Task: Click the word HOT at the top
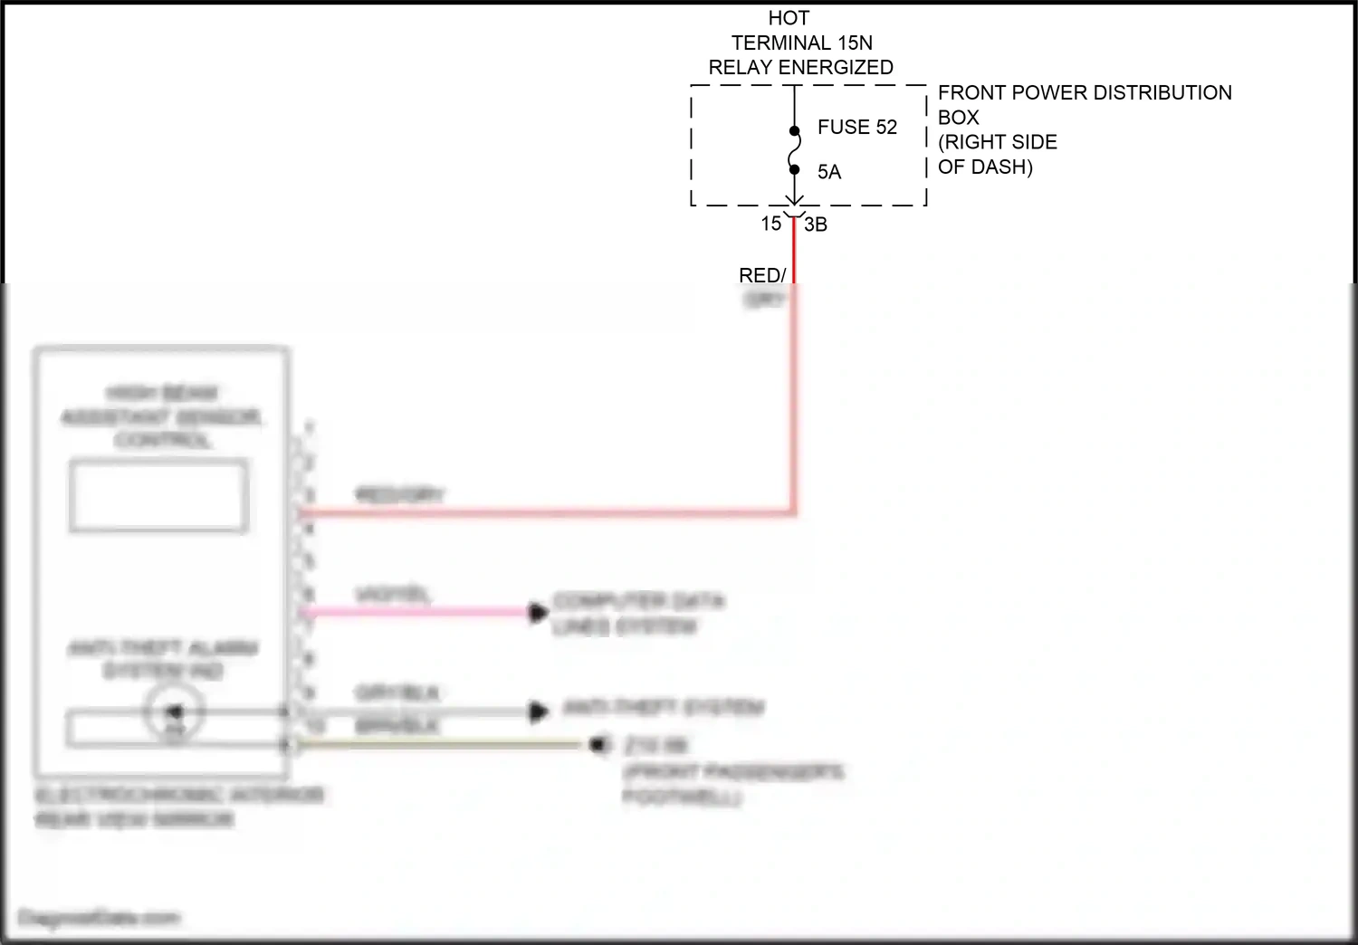(x=789, y=18)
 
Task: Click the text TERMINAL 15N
(x=801, y=43)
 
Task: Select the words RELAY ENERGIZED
(x=800, y=67)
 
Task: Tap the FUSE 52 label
(x=856, y=127)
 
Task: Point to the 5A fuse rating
(x=828, y=172)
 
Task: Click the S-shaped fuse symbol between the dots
(x=794, y=150)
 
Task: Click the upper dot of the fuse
(x=794, y=131)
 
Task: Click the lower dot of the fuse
(x=794, y=169)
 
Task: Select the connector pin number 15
(x=770, y=224)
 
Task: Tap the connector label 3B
(x=816, y=224)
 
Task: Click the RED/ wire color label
(x=762, y=275)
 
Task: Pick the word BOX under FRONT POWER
(x=958, y=118)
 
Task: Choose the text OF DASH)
(x=985, y=167)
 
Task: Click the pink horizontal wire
(x=416, y=612)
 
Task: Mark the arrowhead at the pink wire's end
(x=538, y=613)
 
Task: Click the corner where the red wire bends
(x=794, y=512)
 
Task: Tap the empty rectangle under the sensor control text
(x=158, y=495)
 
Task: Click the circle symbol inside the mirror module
(x=174, y=712)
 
